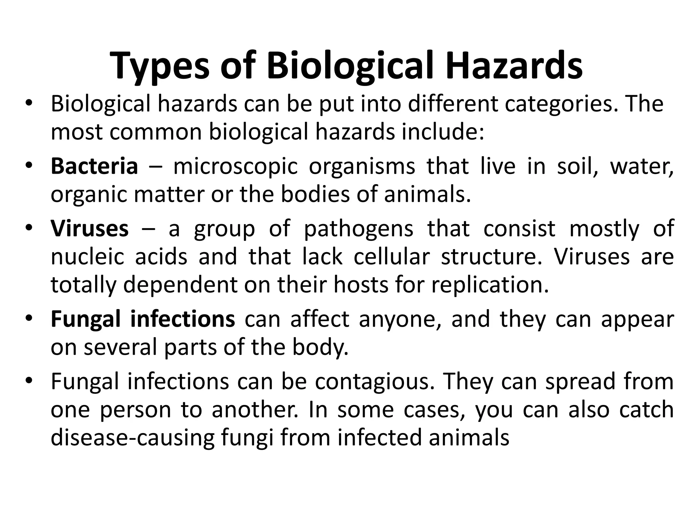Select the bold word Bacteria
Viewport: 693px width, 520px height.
[x=94, y=167]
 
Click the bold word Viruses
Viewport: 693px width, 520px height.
[x=90, y=229]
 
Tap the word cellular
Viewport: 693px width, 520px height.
[x=392, y=257]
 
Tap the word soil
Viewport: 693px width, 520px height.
[x=577, y=167]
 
